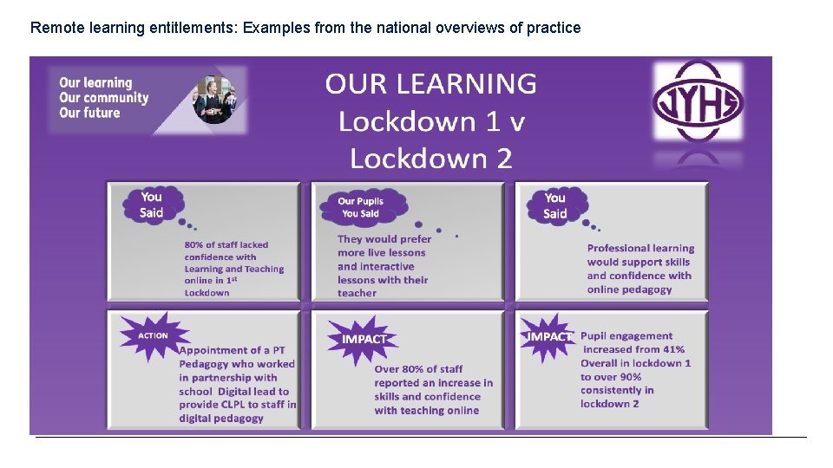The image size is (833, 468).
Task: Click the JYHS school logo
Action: (x=698, y=101)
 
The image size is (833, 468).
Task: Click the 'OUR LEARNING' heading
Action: (x=430, y=84)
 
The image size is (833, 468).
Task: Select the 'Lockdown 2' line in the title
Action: (x=430, y=159)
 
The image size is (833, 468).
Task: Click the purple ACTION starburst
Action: (x=154, y=335)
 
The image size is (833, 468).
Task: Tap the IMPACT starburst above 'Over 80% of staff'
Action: (x=363, y=339)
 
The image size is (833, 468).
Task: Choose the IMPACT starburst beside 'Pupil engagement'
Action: (x=548, y=336)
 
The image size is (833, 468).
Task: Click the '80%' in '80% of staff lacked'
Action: (x=194, y=245)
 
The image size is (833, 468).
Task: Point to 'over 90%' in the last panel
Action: (x=611, y=377)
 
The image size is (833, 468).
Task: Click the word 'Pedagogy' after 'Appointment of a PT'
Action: (x=206, y=364)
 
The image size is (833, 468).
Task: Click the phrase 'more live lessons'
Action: (x=382, y=253)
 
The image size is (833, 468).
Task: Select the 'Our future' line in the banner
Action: (x=89, y=113)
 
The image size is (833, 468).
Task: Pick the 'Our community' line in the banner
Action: (x=103, y=98)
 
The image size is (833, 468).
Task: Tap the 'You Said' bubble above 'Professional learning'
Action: (x=555, y=205)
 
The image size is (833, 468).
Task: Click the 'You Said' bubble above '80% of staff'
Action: (x=151, y=205)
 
